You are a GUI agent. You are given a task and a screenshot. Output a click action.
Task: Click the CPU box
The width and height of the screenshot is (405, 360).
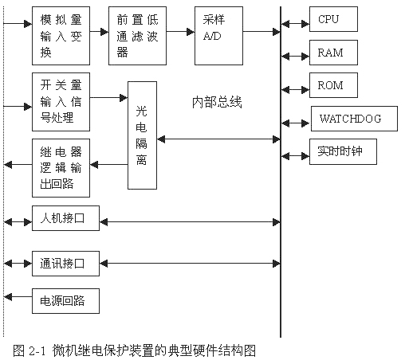pos(333,19)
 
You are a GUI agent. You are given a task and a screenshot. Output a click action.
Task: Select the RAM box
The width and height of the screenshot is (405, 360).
pos(333,53)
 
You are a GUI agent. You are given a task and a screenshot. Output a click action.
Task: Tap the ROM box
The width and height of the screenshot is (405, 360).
pos(333,85)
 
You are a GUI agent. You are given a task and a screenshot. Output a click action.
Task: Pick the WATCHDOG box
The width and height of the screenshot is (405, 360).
pos(354,119)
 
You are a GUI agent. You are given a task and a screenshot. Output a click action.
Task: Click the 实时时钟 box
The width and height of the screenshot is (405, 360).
pos(343,151)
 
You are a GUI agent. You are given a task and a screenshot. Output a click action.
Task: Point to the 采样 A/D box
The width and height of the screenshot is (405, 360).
pos(218,36)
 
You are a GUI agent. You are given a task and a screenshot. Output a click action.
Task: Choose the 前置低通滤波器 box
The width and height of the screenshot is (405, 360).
pos(137,36)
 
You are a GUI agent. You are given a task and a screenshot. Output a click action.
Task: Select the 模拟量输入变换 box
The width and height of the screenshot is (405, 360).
pos(61,36)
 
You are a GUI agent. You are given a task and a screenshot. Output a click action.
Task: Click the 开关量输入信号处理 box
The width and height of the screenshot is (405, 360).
pos(61,102)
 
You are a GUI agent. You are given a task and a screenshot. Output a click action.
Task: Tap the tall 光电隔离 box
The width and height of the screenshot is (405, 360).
pos(142,135)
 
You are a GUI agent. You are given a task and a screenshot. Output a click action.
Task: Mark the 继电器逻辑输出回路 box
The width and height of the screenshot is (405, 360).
pos(61,168)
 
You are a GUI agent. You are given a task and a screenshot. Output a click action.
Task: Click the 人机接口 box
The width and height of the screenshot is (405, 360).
pos(65,218)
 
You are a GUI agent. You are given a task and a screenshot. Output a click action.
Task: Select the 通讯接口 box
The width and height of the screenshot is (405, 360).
pos(65,264)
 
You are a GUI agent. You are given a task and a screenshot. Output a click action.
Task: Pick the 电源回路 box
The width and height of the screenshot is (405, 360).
pos(65,301)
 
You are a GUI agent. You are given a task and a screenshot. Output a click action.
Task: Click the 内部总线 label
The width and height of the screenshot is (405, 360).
pos(217,102)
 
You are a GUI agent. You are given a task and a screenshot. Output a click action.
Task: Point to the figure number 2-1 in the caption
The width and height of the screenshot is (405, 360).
pos(37,351)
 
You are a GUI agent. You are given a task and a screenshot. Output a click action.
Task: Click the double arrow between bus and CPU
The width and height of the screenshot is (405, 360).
pos(295,24)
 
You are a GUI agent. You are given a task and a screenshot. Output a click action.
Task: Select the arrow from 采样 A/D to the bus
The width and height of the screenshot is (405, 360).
pos(261,32)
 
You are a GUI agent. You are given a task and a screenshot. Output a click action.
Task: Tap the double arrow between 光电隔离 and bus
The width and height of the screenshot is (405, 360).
pos(218,139)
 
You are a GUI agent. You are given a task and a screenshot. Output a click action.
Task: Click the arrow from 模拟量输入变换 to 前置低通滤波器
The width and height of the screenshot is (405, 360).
pos(99,32)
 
